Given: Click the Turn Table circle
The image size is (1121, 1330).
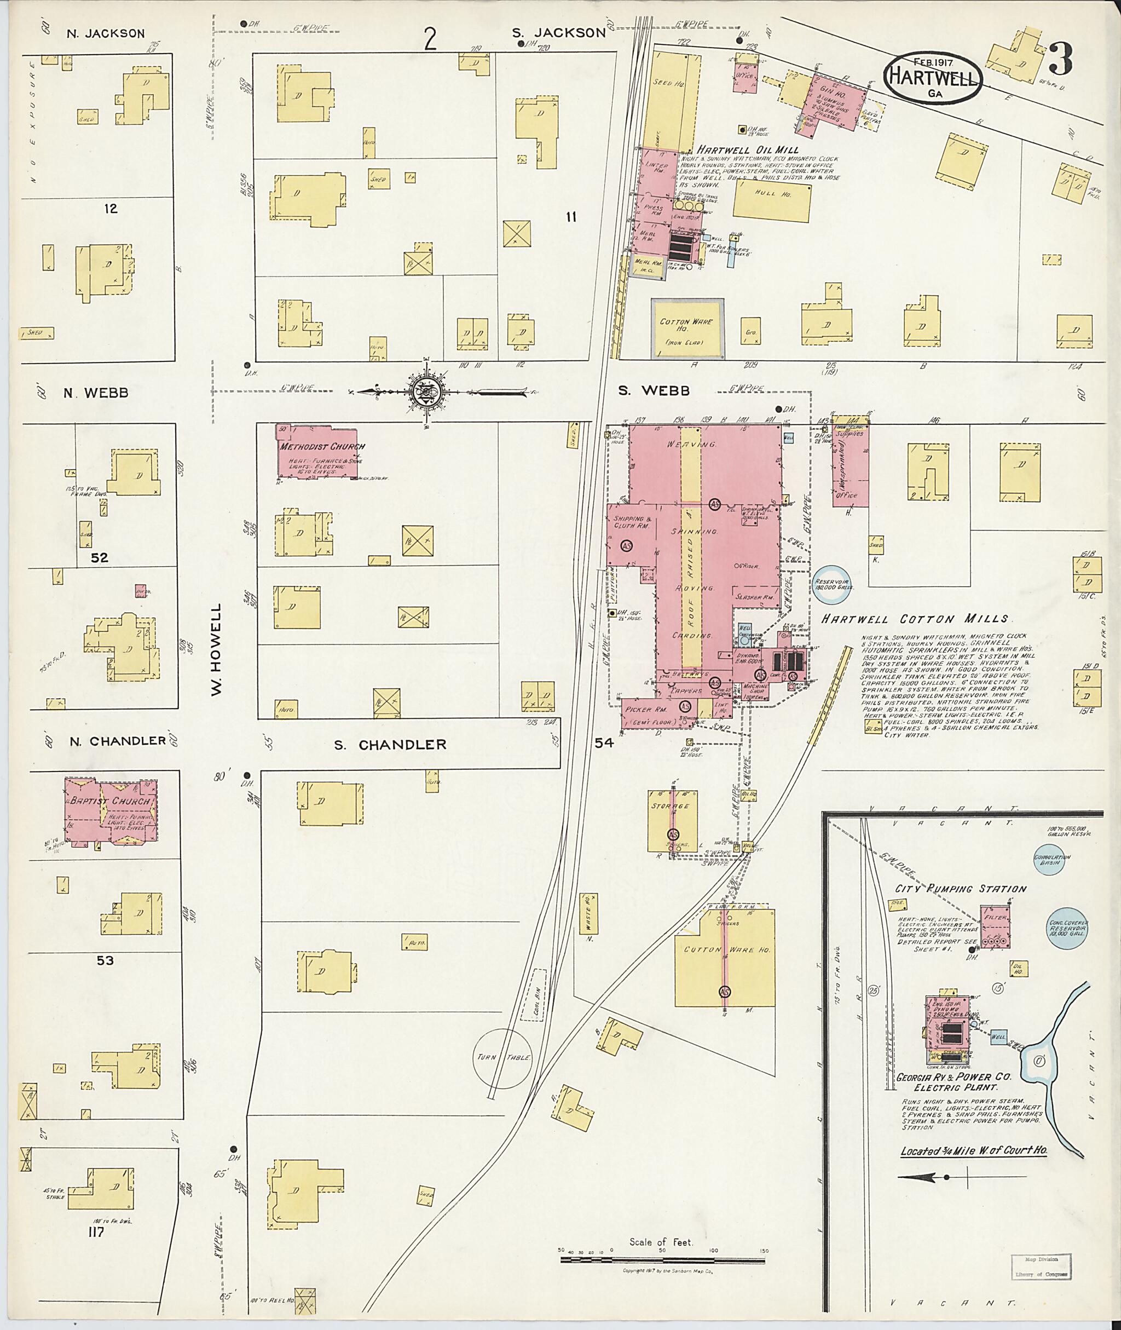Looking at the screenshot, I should coord(504,1057).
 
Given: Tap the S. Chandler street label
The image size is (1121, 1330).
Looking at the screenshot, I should coord(391,745).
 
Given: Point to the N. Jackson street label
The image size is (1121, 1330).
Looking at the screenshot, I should coord(106,34).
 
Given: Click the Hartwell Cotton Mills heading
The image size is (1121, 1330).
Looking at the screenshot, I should coord(915,619).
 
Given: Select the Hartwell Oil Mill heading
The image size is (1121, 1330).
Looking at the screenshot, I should coord(747,149).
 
